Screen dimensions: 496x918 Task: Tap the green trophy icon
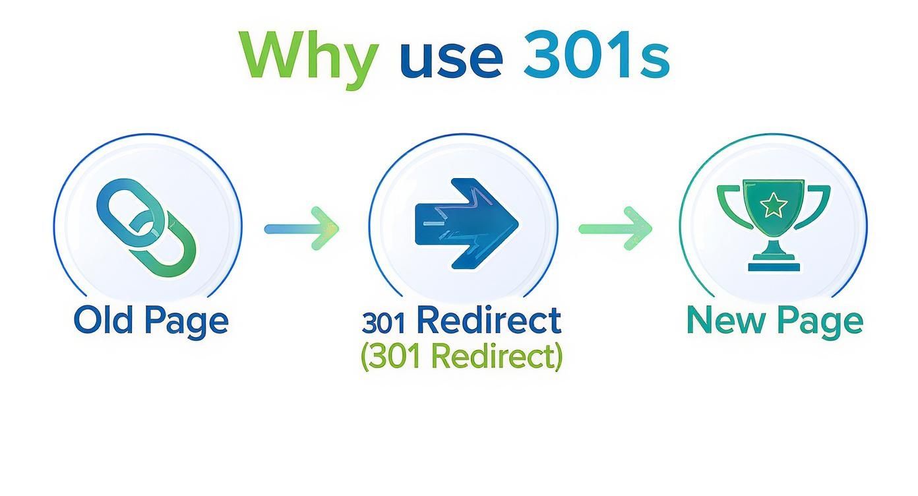774,223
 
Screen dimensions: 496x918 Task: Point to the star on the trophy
774,206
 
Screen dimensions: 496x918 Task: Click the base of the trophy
774,266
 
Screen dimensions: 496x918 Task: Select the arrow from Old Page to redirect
301,229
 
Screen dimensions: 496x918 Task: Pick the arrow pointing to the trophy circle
615,229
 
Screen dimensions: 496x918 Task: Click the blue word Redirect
489,321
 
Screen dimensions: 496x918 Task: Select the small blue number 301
386,323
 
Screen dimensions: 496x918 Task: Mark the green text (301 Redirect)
462,357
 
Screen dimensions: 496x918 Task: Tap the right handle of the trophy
818,204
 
